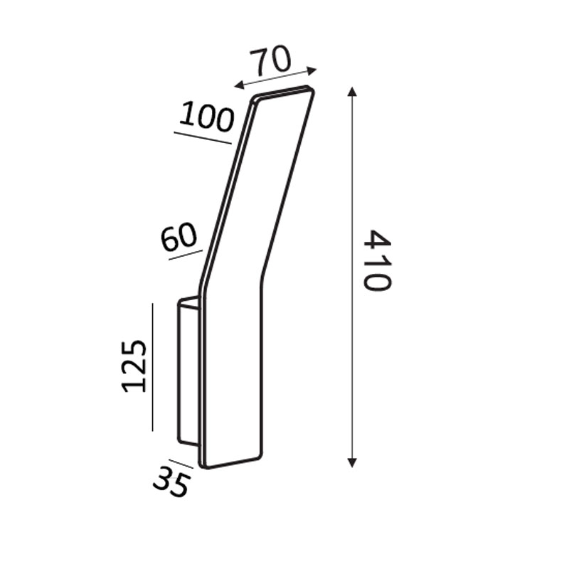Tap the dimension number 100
point(206,116)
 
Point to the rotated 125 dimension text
point(134,366)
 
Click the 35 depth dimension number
point(171,482)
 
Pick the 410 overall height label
point(378,260)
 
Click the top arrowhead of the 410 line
point(351,92)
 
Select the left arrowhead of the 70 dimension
point(239,85)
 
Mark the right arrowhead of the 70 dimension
point(312,70)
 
